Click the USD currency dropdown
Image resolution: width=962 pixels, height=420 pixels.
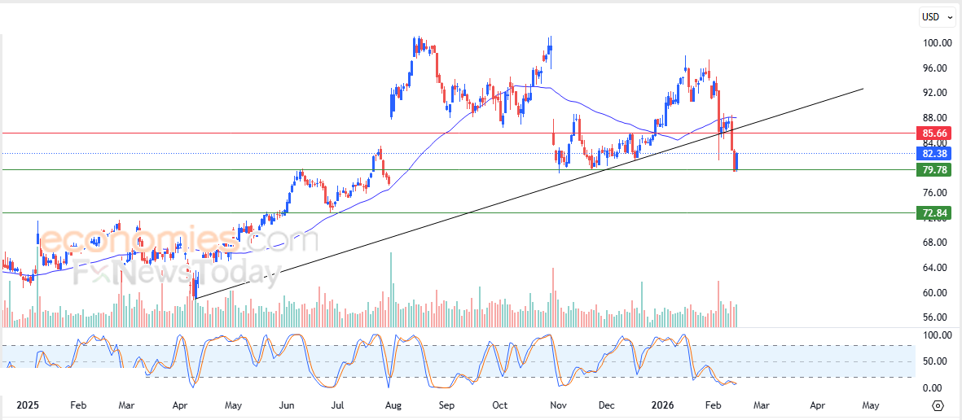point(936,16)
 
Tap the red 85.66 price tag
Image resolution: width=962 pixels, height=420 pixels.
point(934,133)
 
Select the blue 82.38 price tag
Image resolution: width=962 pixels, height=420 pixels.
point(934,153)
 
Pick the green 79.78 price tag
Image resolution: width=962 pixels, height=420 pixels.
point(934,170)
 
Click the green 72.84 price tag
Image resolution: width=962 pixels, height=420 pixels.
point(934,213)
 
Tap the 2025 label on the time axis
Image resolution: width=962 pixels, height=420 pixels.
point(28,405)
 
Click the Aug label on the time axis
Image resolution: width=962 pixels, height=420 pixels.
point(393,405)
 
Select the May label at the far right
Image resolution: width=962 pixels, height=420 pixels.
point(871,405)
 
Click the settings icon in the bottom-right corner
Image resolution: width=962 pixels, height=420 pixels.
point(938,405)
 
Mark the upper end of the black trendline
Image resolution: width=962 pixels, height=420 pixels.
point(862,89)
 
